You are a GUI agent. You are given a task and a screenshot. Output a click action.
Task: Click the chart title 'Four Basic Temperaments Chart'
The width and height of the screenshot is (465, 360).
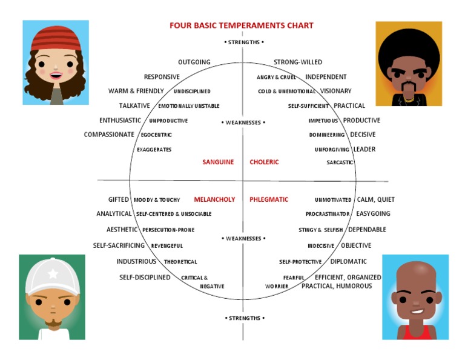pyautogui.click(x=241, y=25)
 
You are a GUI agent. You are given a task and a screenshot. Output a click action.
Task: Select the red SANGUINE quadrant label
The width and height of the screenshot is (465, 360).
pyautogui.click(x=218, y=162)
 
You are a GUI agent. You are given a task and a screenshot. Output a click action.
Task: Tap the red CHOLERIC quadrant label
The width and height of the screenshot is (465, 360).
pyautogui.click(x=264, y=162)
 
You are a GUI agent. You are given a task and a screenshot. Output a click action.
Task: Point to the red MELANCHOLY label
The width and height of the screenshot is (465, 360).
pyautogui.click(x=214, y=199)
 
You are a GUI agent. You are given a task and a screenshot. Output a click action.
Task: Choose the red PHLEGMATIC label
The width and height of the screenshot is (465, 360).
pyautogui.click(x=269, y=199)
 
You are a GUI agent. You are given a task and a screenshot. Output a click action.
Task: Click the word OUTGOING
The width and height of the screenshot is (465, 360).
pyautogui.click(x=194, y=62)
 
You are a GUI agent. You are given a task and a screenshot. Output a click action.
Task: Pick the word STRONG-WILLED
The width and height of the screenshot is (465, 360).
pyautogui.click(x=298, y=62)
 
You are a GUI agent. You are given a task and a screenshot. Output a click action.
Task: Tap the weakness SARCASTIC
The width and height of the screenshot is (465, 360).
pyautogui.click(x=340, y=162)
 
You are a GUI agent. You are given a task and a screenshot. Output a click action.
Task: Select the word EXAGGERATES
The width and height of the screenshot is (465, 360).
pyautogui.click(x=154, y=149)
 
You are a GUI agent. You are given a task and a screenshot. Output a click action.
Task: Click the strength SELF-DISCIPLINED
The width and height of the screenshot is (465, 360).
pyautogui.click(x=145, y=278)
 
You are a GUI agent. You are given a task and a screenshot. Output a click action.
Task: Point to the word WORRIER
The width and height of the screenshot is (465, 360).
pyautogui.click(x=277, y=286)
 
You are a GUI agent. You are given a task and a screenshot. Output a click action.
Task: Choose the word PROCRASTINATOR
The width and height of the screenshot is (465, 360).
pyautogui.click(x=328, y=214)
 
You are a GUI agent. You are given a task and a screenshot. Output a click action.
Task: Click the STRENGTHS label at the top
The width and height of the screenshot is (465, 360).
pyautogui.click(x=244, y=42)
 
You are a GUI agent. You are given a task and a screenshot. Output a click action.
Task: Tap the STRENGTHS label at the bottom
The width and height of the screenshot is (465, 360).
pyautogui.click(x=245, y=318)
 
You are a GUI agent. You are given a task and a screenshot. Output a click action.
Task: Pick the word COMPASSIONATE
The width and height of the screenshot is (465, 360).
pyautogui.click(x=109, y=135)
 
